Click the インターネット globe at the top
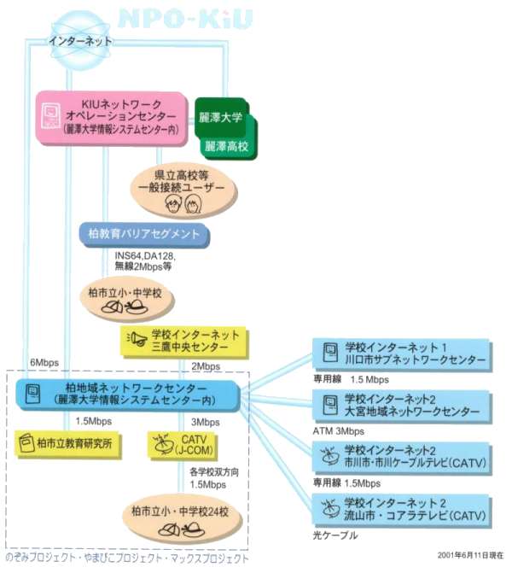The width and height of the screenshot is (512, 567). pyautogui.click(x=80, y=40)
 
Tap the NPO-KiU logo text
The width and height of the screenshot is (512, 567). pyautogui.click(x=185, y=18)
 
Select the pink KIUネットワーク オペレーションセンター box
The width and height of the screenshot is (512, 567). pyautogui.click(x=112, y=118)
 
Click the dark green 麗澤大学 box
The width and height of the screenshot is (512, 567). pyautogui.click(x=220, y=117)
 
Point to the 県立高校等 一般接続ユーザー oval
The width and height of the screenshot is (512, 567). pyautogui.click(x=183, y=191)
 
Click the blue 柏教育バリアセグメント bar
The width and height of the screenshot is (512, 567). pyautogui.click(x=144, y=234)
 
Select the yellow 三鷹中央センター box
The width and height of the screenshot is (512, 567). pyautogui.click(x=184, y=342)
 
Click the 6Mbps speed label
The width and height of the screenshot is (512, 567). pyautogui.click(x=44, y=363)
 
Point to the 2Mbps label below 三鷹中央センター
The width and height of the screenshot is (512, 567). pyautogui.click(x=206, y=366)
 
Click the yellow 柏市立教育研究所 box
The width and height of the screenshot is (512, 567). pyautogui.click(x=67, y=444)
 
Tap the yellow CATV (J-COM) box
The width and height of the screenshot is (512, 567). pyautogui.click(x=183, y=445)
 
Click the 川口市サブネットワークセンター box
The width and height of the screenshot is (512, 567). pyautogui.click(x=402, y=354)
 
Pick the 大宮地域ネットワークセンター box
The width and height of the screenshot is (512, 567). pyautogui.click(x=402, y=406)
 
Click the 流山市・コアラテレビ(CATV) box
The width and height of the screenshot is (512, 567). pyautogui.click(x=402, y=510)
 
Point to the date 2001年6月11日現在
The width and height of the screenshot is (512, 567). pyautogui.click(x=470, y=555)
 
